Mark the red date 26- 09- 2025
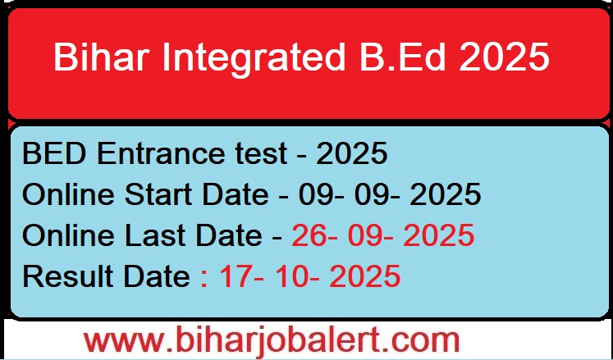[x=382, y=236]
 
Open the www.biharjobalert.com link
[x=272, y=339]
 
